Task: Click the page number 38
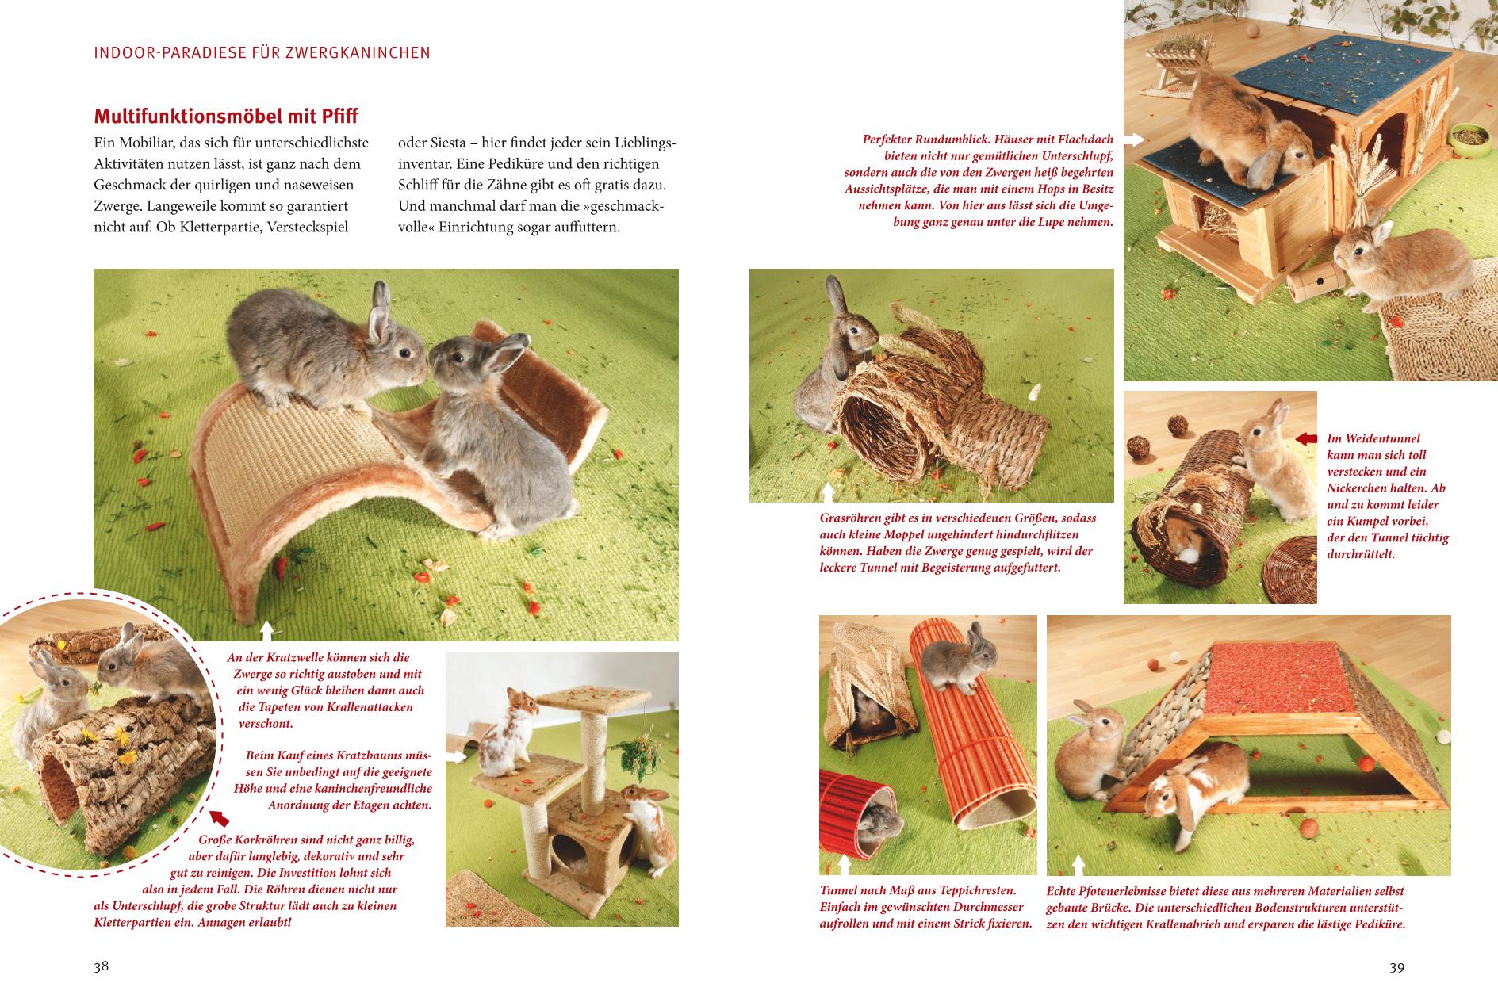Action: (x=101, y=967)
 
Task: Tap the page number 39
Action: (x=1397, y=967)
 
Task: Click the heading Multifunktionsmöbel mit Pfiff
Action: (x=226, y=117)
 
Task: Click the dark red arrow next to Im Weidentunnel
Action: (x=1306, y=438)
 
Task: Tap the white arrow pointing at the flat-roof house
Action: (x=1134, y=140)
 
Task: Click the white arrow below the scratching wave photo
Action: (x=266, y=631)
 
